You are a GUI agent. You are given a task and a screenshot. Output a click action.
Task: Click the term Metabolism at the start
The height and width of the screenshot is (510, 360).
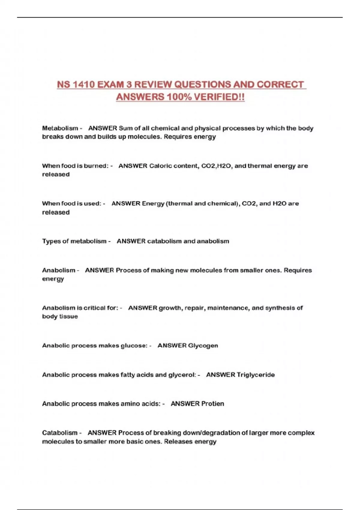tap(60, 128)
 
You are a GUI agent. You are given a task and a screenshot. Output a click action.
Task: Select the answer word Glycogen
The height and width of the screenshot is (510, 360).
tap(203, 346)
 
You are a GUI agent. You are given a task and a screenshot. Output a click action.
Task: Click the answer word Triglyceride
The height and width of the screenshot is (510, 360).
tap(256, 375)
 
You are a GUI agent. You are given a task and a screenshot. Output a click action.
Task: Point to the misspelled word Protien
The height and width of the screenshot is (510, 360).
tap(212, 404)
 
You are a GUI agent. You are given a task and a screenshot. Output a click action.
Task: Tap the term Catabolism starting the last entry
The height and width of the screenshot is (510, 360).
tap(60, 433)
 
